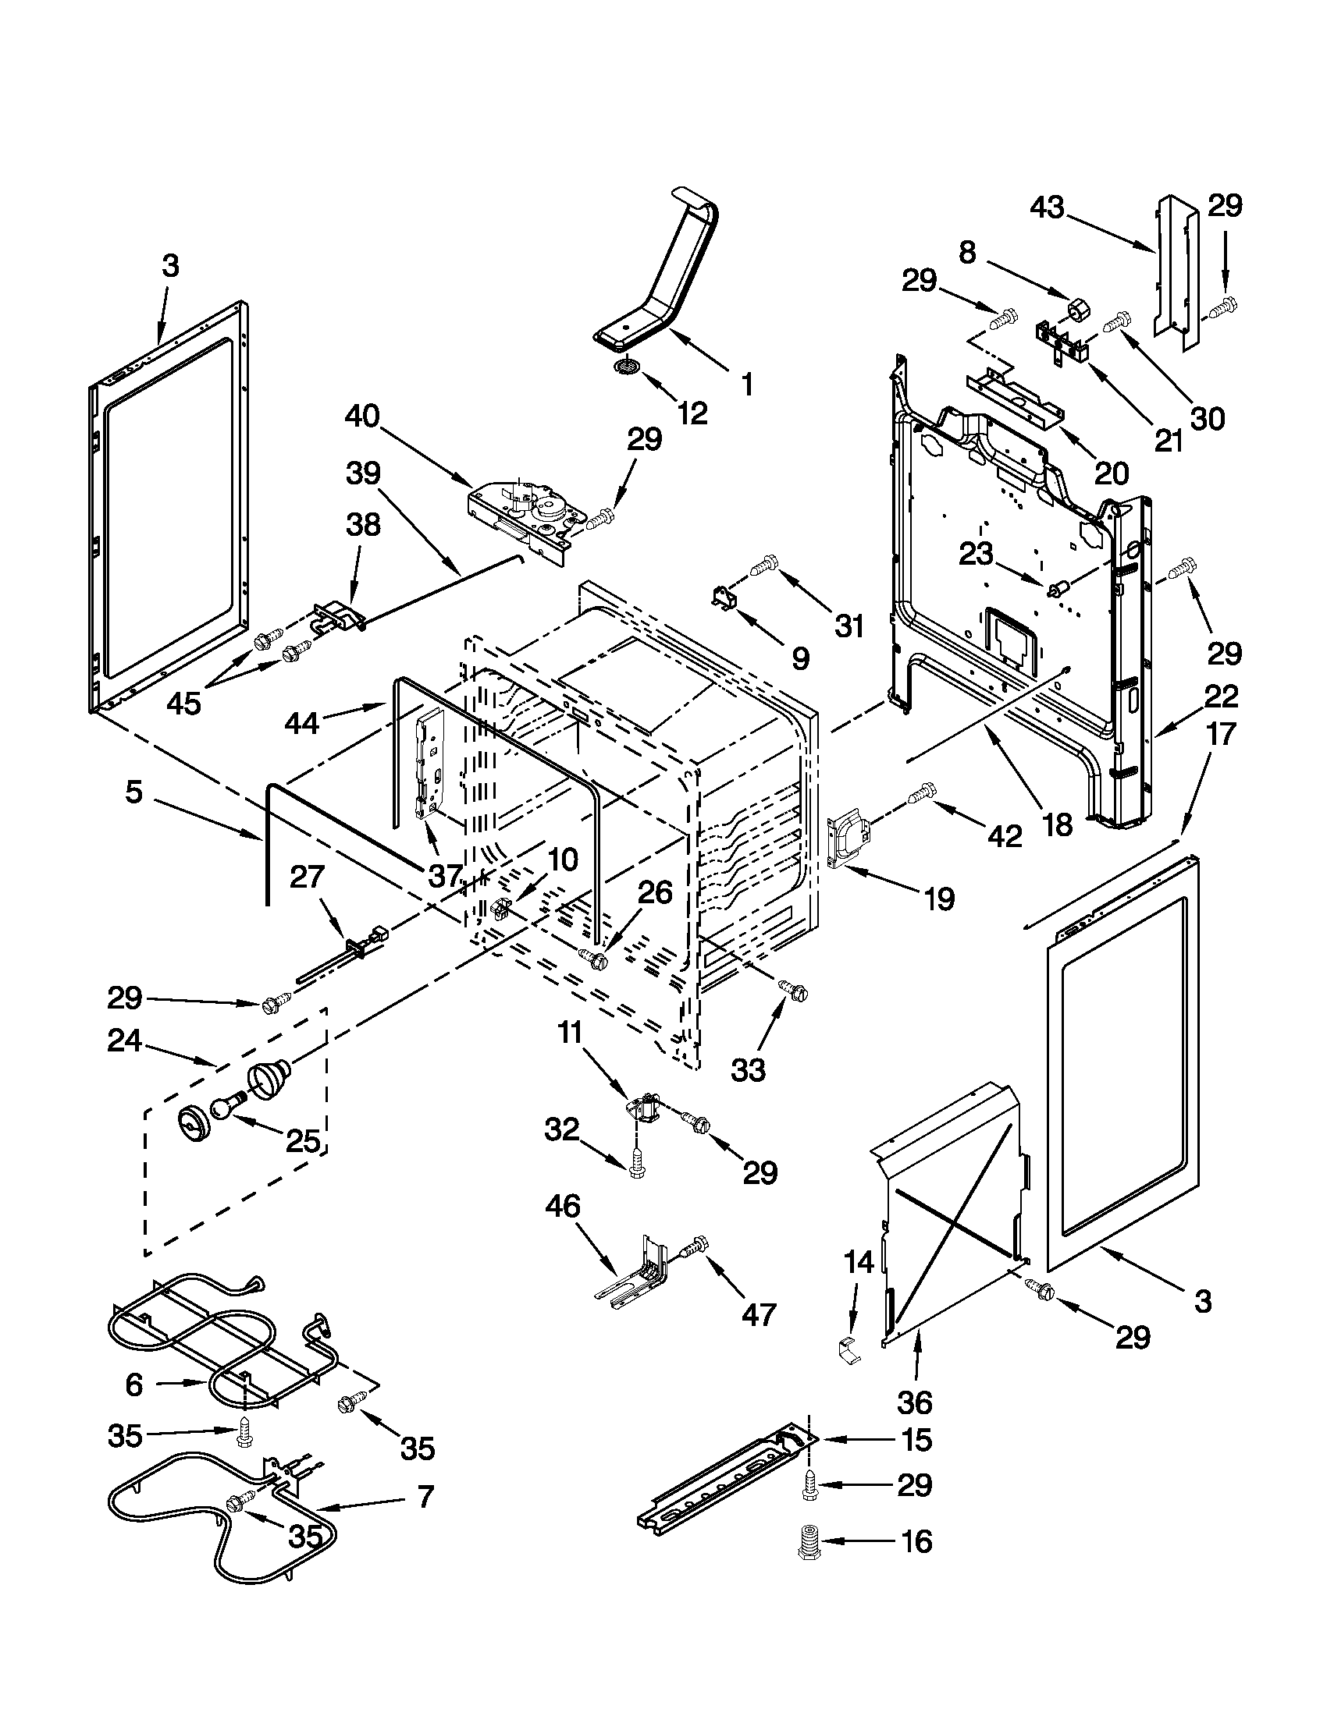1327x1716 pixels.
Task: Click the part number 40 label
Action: click(x=361, y=416)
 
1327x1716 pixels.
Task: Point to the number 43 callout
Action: click(x=1046, y=207)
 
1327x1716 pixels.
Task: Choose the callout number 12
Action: click(x=692, y=412)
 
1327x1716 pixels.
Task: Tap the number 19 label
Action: click(x=938, y=898)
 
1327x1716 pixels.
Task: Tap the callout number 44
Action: click(x=301, y=721)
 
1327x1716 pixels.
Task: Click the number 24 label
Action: click(x=125, y=1041)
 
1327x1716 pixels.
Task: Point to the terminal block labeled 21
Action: click(x=1064, y=342)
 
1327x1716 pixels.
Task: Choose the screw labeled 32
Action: click(x=636, y=1189)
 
